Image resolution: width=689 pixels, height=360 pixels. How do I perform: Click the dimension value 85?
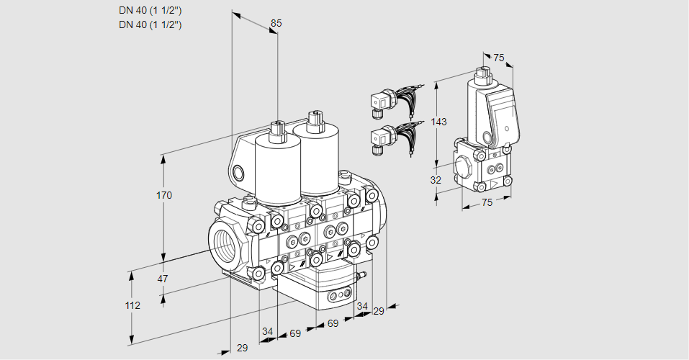click(x=276, y=23)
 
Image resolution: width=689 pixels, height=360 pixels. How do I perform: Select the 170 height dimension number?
click(x=166, y=195)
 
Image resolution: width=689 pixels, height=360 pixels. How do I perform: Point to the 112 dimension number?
click(x=132, y=305)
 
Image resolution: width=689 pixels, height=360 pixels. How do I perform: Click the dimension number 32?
click(x=436, y=180)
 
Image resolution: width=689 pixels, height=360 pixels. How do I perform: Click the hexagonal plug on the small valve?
click(x=464, y=170)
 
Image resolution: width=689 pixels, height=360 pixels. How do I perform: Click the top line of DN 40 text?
click(x=150, y=10)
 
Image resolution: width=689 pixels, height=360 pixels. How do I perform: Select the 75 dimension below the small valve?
click(x=487, y=203)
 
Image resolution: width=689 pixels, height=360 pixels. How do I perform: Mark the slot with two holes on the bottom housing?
click(x=338, y=294)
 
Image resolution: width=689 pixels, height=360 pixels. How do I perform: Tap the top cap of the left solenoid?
click(x=276, y=128)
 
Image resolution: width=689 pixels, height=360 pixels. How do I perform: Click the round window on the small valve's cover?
click(x=489, y=137)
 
